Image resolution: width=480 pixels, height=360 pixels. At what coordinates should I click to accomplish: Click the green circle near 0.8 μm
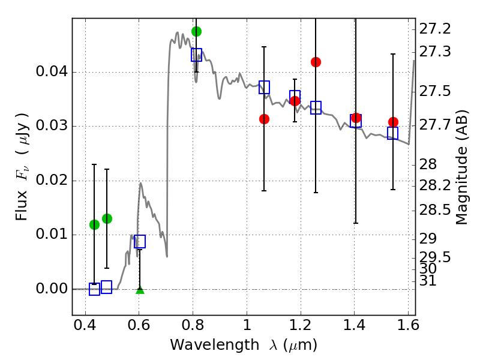click(x=196, y=31)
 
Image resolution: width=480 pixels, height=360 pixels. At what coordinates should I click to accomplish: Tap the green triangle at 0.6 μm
click(x=140, y=290)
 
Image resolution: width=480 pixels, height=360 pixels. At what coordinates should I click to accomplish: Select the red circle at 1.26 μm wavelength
click(x=316, y=62)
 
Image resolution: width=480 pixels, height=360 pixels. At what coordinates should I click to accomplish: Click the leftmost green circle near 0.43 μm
click(x=94, y=224)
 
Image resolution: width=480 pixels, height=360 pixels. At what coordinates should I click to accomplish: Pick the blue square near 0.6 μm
click(x=140, y=241)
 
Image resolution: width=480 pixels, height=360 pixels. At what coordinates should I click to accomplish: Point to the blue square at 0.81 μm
click(x=196, y=55)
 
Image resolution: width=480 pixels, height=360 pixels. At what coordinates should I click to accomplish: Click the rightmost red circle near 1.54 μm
click(x=393, y=122)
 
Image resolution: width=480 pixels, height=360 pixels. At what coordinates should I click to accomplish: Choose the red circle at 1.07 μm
click(x=264, y=119)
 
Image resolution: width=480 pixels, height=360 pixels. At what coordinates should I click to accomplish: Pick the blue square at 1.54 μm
click(x=393, y=133)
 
